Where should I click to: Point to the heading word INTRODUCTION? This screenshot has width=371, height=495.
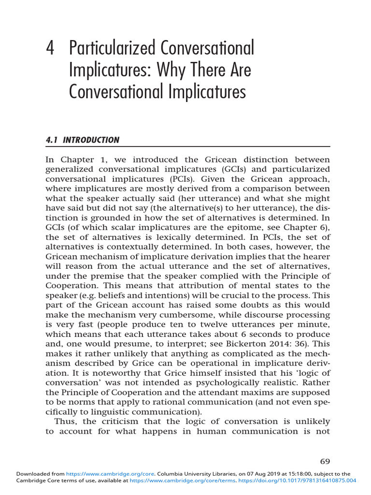pyautogui.click(x=91, y=140)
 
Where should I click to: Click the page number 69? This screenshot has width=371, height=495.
pyautogui.click(x=325, y=461)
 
